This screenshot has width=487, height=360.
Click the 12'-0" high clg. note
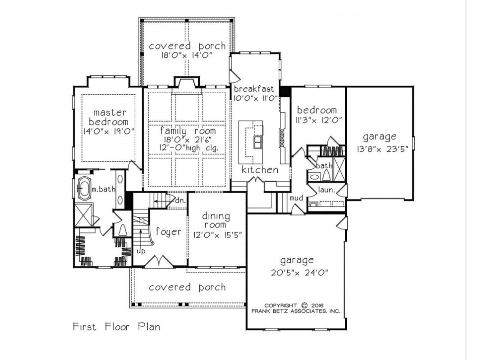pos(188,148)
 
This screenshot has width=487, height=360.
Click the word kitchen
pos(260,170)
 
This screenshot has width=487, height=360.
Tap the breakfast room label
pos(254,89)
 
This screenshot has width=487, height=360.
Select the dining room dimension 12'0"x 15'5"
pos(216,234)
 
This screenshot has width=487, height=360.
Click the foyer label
pos(169,232)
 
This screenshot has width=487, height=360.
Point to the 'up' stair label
pos(141,251)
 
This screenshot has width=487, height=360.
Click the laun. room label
pos(326,190)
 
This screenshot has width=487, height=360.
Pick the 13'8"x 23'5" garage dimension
pos(382,149)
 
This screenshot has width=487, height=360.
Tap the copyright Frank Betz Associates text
pos(296,308)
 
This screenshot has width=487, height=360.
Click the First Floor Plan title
pos(116,327)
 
